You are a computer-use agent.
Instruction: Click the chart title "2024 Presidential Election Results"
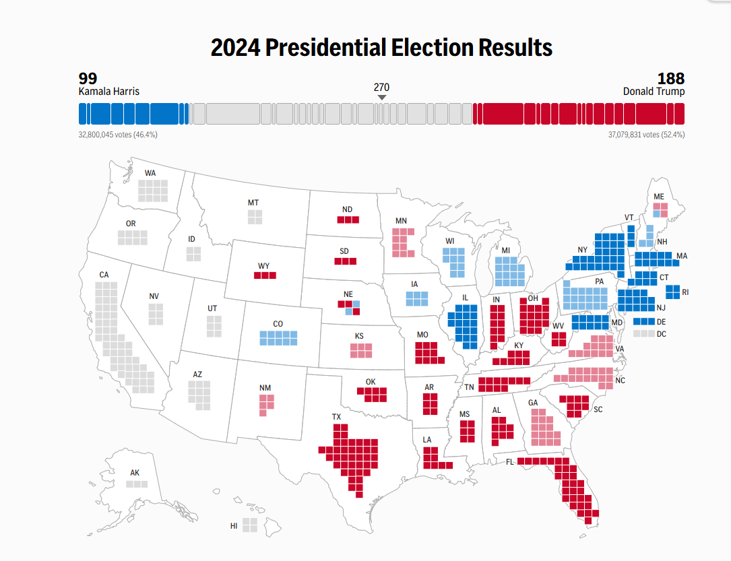pyautogui.click(x=381, y=48)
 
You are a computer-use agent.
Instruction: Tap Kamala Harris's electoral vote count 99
pyautogui.click(x=88, y=78)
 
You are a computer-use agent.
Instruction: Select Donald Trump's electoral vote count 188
pyautogui.click(x=671, y=78)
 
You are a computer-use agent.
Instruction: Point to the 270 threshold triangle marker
pyautogui.click(x=382, y=98)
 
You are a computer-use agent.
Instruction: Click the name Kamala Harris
pyautogui.click(x=109, y=91)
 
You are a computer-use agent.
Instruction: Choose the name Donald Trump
pyautogui.click(x=654, y=91)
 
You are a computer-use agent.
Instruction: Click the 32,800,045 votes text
pyautogui.click(x=118, y=135)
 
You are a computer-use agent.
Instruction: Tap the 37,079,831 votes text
pyautogui.click(x=646, y=135)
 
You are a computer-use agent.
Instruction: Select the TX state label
pyautogui.click(x=336, y=417)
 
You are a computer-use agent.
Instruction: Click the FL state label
pyautogui.click(x=511, y=462)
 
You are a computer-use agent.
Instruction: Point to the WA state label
pyautogui.click(x=150, y=173)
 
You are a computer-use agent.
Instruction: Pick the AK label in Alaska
pyautogui.click(x=135, y=473)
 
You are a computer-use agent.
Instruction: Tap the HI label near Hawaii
pyautogui.click(x=234, y=525)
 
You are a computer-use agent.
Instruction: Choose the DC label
pyautogui.click(x=662, y=333)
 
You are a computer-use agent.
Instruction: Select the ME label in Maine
pyautogui.click(x=659, y=196)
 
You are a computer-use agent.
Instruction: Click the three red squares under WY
pyautogui.click(x=265, y=275)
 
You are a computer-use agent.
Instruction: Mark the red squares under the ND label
pyautogui.click(x=348, y=220)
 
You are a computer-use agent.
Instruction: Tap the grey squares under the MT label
pyautogui.click(x=255, y=217)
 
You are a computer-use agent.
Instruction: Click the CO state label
pyautogui.click(x=278, y=324)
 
